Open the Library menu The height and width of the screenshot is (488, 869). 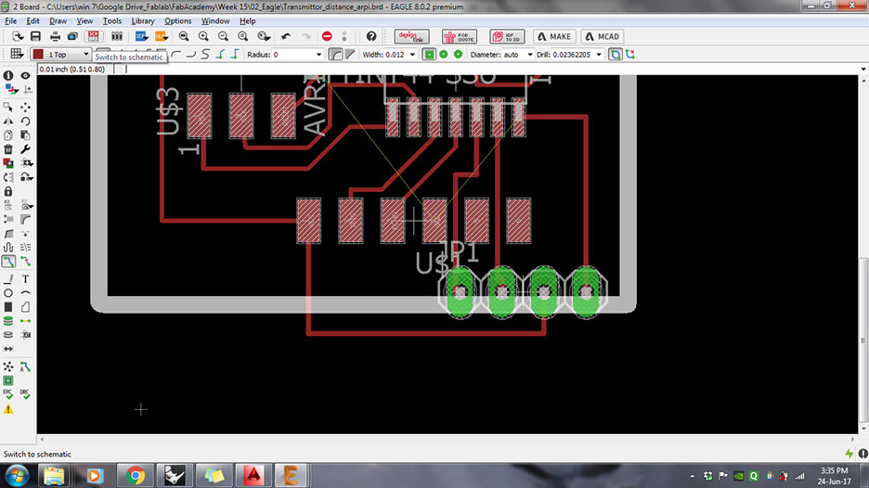tap(143, 20)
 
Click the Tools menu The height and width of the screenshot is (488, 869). tap(112, 20)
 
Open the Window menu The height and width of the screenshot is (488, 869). tap(215, 20)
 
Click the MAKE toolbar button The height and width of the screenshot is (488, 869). tap(553, 36)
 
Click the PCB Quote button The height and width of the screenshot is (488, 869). tap(459, 36)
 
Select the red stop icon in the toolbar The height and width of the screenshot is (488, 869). tap(327, 36)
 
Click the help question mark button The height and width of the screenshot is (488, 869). tap(371, 36)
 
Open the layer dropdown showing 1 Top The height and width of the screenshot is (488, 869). tap(61, 55)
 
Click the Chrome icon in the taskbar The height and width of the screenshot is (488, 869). tap(136, 475)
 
